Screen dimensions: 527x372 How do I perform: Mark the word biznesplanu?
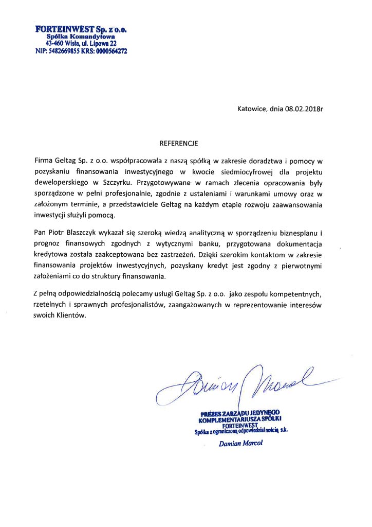(300, 231)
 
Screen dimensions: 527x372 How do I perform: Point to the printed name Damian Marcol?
(240, 444)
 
